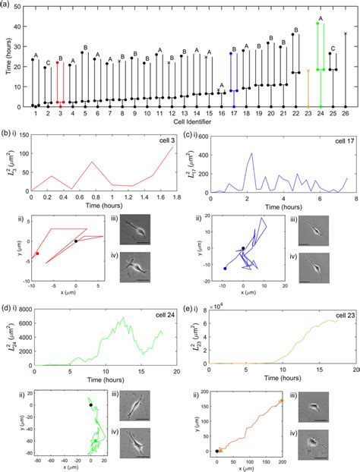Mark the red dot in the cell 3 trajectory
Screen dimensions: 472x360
click(x=36, y=253)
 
